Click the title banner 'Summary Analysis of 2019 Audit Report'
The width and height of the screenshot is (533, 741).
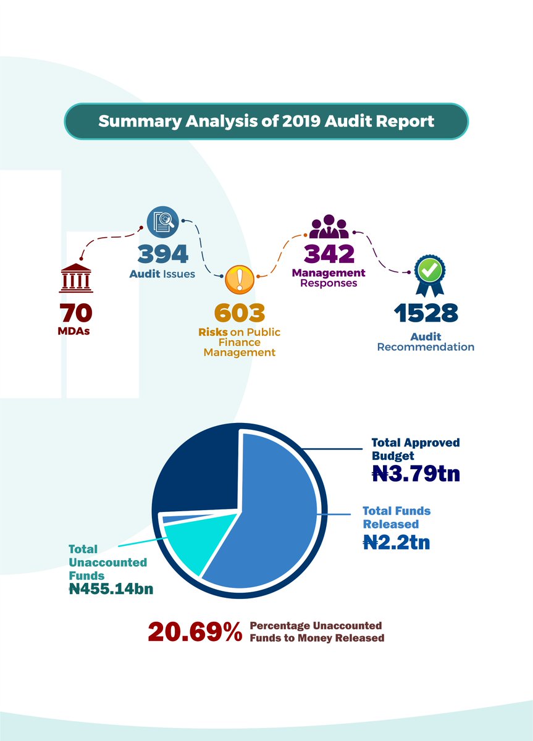point(266,121)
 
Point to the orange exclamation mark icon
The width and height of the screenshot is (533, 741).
point(239,281)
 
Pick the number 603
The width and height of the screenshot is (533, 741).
point(239,313)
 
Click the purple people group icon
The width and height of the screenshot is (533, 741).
point(329,227)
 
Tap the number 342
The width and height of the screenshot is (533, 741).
point(329,254)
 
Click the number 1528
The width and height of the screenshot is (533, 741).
point(426,313)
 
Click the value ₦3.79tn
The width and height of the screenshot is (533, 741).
point(416,474)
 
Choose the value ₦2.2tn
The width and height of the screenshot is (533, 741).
point(397,542)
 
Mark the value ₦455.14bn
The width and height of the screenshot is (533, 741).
point(111,589)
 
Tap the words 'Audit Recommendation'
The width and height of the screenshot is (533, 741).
point(426,342)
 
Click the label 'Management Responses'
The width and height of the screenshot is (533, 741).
point(329,278)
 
